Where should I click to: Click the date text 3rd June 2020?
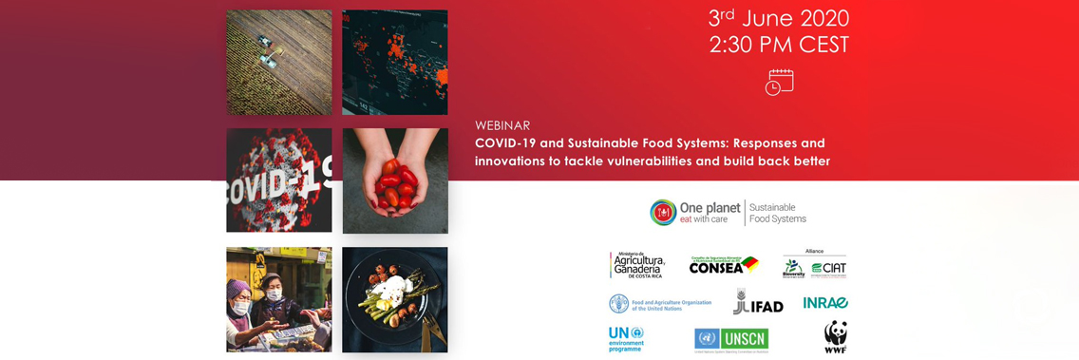[x=779, y=18]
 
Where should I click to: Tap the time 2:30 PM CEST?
[x=779, y=45]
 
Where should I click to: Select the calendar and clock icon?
[x=779, y=82]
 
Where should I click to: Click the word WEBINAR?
[x=502, y=125]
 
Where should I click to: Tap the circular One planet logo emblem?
[x=663, y=213]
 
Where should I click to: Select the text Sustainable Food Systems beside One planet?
[x=778, y=213]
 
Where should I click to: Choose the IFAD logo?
[x=758, y=303]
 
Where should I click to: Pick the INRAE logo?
[x=824, y=303]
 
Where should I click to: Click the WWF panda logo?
[x=835, y=336]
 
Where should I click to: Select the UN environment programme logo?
[x=626, y=338]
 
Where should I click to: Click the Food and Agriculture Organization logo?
[x=660, y=304]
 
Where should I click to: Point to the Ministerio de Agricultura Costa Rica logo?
[x=637, y=265]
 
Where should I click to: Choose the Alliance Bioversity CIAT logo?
[x=814, y=266]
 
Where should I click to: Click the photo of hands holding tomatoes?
[x=395, y=180]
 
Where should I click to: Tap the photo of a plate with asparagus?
[x=395, y=299]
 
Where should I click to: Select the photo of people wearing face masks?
[x=279, y=299]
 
